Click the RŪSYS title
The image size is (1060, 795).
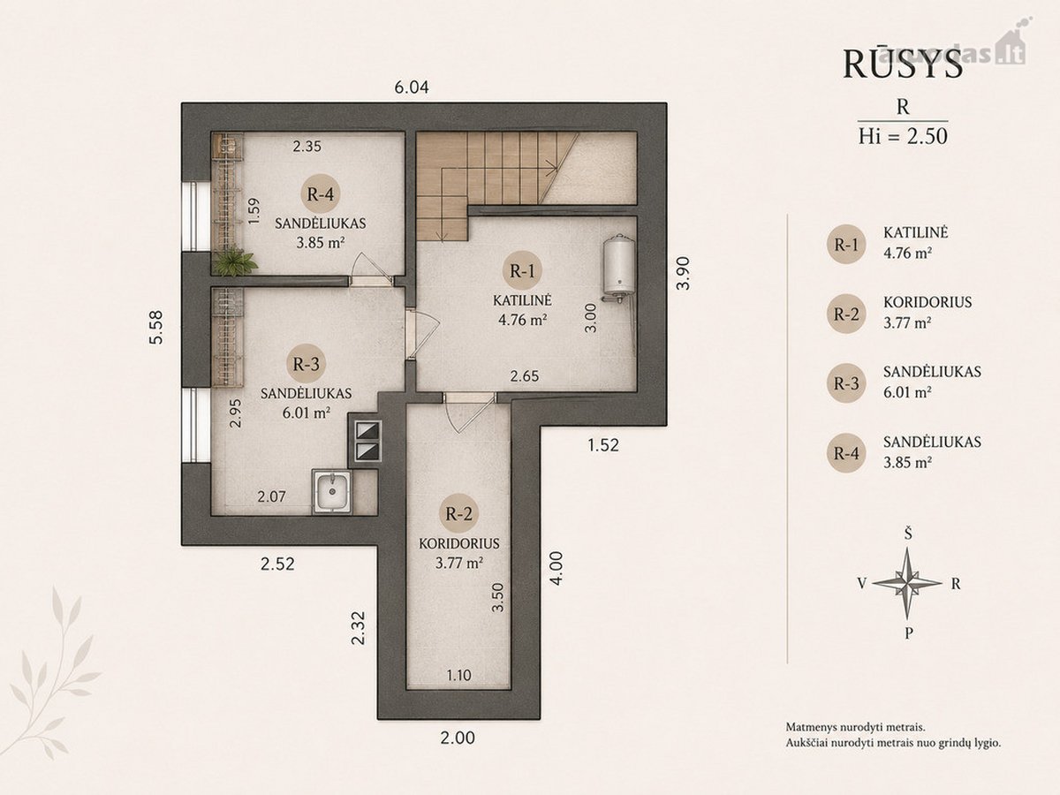point(903,64)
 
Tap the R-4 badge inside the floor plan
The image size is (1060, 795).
point(320,194)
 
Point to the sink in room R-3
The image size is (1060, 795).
point(332,491)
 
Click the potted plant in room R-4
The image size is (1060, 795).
point(235,261)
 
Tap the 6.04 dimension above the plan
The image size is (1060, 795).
point(412,87)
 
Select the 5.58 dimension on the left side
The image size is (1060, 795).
point(156,327)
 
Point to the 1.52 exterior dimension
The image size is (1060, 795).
point(603,444)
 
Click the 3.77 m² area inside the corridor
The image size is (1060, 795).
point(459,563)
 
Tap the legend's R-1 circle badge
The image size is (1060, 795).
point(846,245)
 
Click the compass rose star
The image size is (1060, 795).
point(908,584)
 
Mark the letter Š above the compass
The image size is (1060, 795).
point(908,534)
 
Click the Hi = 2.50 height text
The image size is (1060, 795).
point(903,137)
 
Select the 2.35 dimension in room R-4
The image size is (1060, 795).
point(307,147)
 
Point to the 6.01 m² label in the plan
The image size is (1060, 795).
point(307,413)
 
